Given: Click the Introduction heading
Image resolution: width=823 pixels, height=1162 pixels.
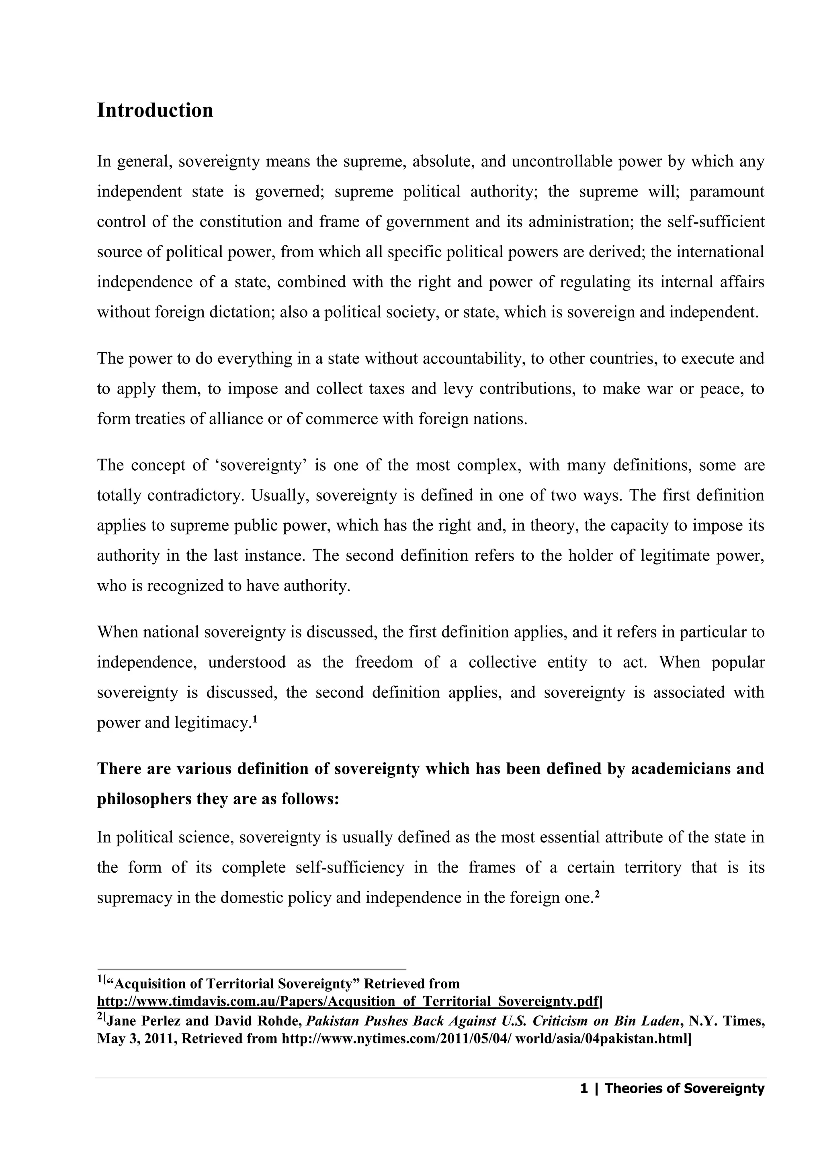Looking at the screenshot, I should [155, 111].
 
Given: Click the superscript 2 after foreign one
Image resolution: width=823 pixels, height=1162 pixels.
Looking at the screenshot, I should [597, 894].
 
